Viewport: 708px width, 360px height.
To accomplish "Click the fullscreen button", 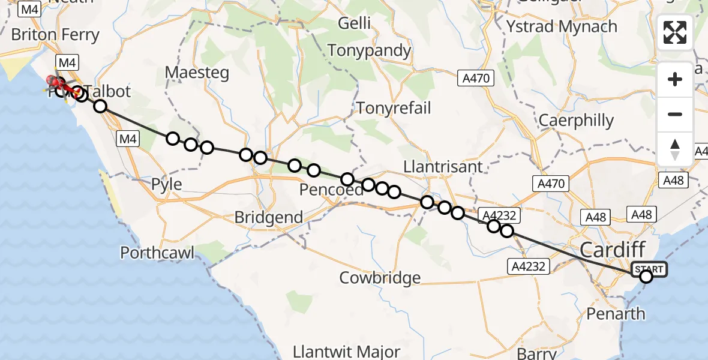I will (x=675, y=32).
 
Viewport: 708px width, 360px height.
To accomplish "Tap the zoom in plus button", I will (x=675, y=80).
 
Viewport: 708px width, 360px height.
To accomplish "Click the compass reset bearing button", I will (x=675, y=149).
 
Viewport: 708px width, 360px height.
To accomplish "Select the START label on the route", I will (x=649, y=269).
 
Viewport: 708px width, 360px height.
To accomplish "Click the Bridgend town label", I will (x=268, y=217).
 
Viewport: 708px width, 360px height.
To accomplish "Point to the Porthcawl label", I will (x=157, y=253).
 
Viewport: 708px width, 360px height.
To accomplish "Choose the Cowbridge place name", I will (x=380, y=278).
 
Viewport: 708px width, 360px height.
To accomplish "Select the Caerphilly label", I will (x=576, y=121).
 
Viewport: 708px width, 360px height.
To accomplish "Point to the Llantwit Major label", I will (x=347, y=351).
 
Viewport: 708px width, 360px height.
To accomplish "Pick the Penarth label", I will (x=615, y=314).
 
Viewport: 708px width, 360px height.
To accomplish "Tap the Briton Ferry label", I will (x=55, y=35).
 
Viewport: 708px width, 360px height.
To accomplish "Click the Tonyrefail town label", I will (x=394, y=108).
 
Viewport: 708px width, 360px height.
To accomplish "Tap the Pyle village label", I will (x=167, y=184).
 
